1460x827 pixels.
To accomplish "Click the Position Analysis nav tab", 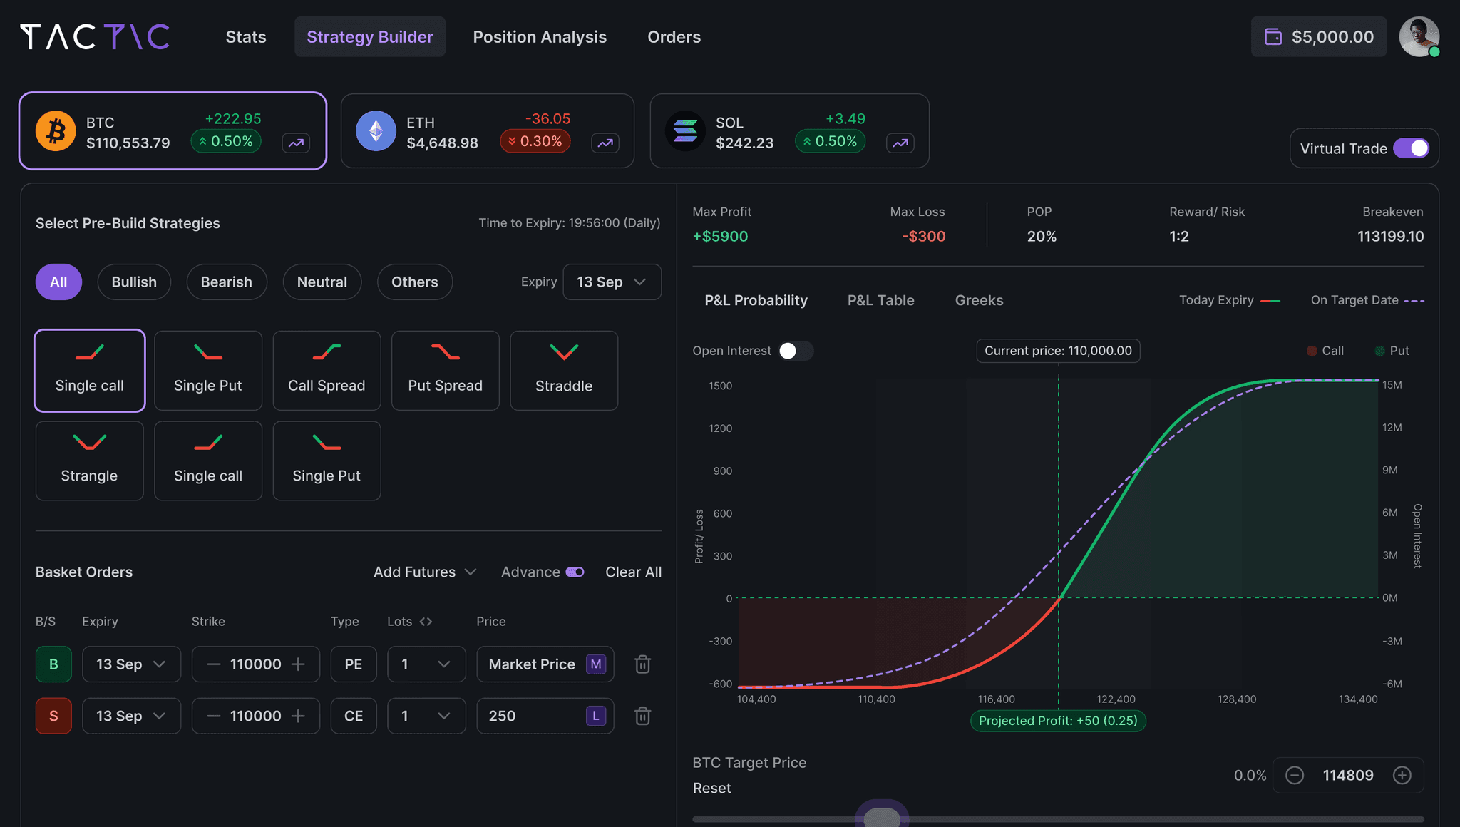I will [x=540, y=37].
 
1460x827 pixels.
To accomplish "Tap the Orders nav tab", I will [x=674, y=37].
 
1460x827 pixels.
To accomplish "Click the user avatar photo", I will [x=1418, y=36].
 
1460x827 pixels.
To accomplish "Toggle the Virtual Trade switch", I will [x=1411, y=148].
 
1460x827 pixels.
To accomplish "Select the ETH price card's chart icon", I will [x=605, y=143].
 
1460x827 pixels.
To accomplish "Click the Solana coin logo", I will [x=684, y=131].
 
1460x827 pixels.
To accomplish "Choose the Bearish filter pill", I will [x=226, y=282].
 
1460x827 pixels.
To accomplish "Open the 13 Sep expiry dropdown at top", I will [x=612, y=282].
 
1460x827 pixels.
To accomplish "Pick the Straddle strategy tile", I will [x=563, y=371].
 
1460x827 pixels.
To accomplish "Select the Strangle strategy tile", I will [x=89, y=461].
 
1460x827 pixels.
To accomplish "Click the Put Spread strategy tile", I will [x=445, y=371].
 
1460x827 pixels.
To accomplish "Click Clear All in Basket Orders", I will [x=633, y=572].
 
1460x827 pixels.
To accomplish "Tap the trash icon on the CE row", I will [x=642, y=716].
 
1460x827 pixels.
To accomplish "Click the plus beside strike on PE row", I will [x=298, y=664].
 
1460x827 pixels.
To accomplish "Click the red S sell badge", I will [x=53, y=716].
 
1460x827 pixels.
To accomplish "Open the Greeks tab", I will [x=979, y=301].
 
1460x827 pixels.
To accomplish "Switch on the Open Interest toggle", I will [x=795, y=351].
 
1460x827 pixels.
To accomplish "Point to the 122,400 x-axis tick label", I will [x=1116, y=699].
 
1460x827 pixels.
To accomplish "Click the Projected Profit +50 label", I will [x=1058, y=721].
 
